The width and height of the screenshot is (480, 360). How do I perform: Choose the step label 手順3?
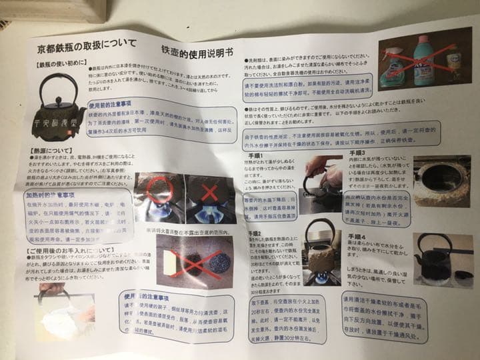pyautogui.click(x=355, y=153)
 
